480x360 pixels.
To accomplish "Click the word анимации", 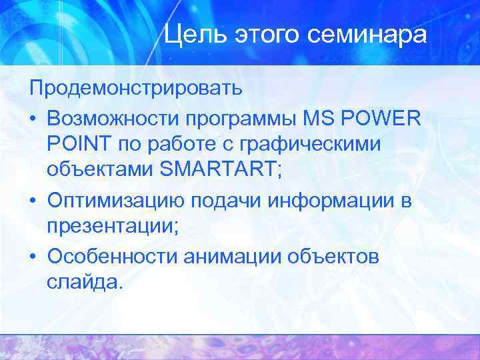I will pos(236,257).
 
